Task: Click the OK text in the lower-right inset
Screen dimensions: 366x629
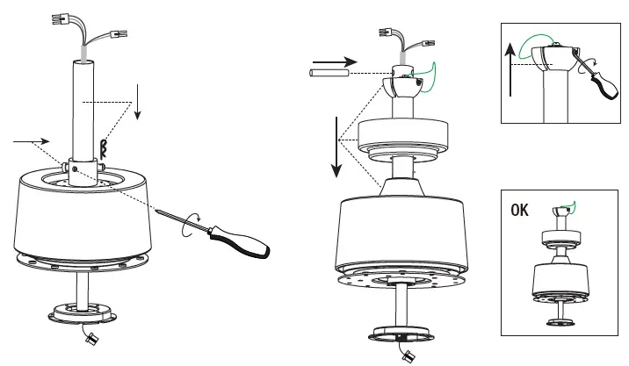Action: point(521,212)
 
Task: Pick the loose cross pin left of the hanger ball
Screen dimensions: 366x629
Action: point(330,75)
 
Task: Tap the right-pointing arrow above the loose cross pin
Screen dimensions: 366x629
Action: point(333,62)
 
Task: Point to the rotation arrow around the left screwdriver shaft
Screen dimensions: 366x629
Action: point(184,227)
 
